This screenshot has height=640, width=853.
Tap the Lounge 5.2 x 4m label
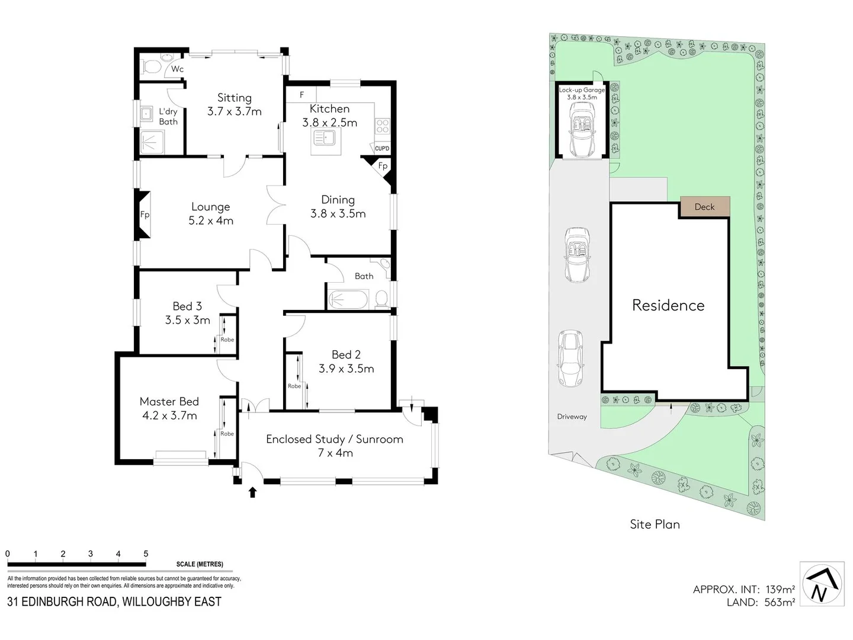tap(210, 213)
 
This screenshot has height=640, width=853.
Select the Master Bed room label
tap(169, 408)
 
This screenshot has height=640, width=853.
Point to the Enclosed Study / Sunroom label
tap(334, 446)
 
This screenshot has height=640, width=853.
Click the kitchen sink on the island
tap(325, 138)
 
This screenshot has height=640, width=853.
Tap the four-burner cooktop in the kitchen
tap(383, 126)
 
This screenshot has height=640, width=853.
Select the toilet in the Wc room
tap(152, 66)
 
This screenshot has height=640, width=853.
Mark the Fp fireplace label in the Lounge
tap(145, 215)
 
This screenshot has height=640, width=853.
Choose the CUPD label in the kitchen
tap(382, 148)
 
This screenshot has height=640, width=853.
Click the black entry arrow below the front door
tap(252, 492)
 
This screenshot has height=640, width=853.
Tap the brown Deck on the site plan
tap(704, 207)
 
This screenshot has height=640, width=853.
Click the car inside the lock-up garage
tap(582, 129)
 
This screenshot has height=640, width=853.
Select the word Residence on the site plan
tap(668, 305)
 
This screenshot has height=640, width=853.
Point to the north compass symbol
tap(822, 584)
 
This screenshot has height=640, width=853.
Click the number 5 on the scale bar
tap(146, 554)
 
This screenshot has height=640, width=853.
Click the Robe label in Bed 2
tap(294, 386)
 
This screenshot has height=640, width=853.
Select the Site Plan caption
tap(655, 524)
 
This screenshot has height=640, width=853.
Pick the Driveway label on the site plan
tap(572, 417)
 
